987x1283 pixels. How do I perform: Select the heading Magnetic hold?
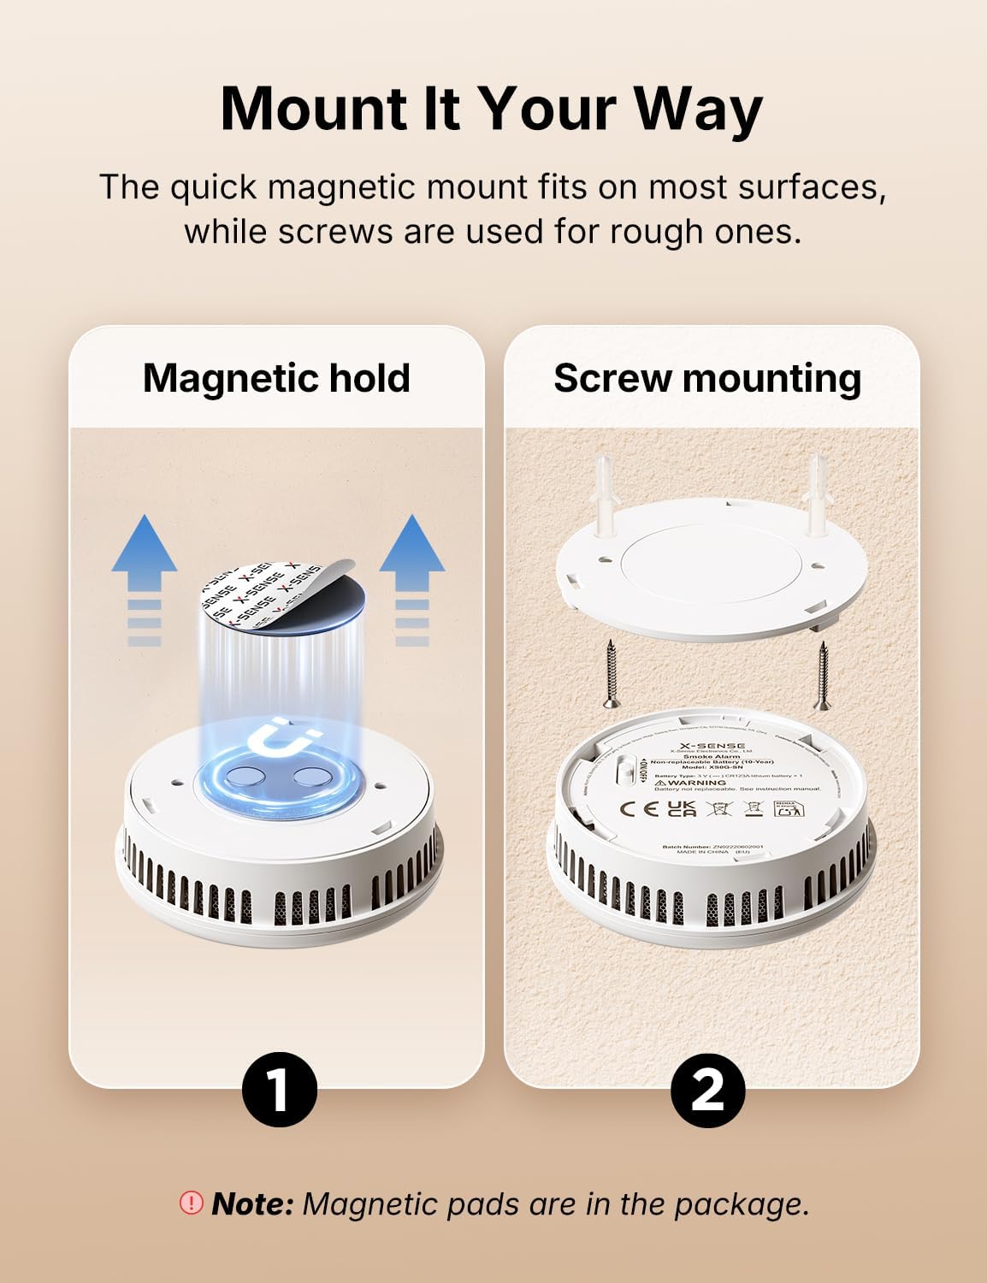[276, 378]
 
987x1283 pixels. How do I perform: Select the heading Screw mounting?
[707, 378]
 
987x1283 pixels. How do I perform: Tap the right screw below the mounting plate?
[819, 676]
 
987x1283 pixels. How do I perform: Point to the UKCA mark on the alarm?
[681, 808]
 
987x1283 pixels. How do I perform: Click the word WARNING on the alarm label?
[697, 783]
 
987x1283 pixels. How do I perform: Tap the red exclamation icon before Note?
[190, 1203]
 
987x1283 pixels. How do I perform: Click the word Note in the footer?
[252, 1203]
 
